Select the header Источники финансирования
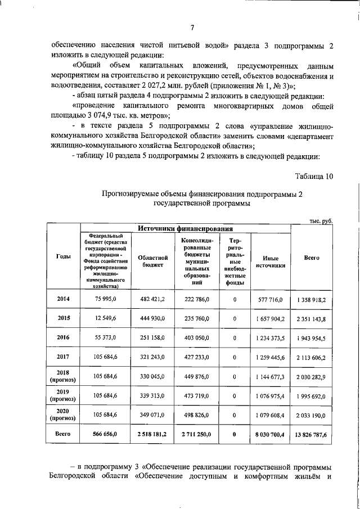tap(186, 228)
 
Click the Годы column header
tap(64, 256)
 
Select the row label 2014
tap(64, 299)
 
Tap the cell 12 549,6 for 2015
tap(106, 318)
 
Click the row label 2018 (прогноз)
tap(64, 376)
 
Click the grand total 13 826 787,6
tap(312, 435)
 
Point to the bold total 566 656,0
tap(106, 434)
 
